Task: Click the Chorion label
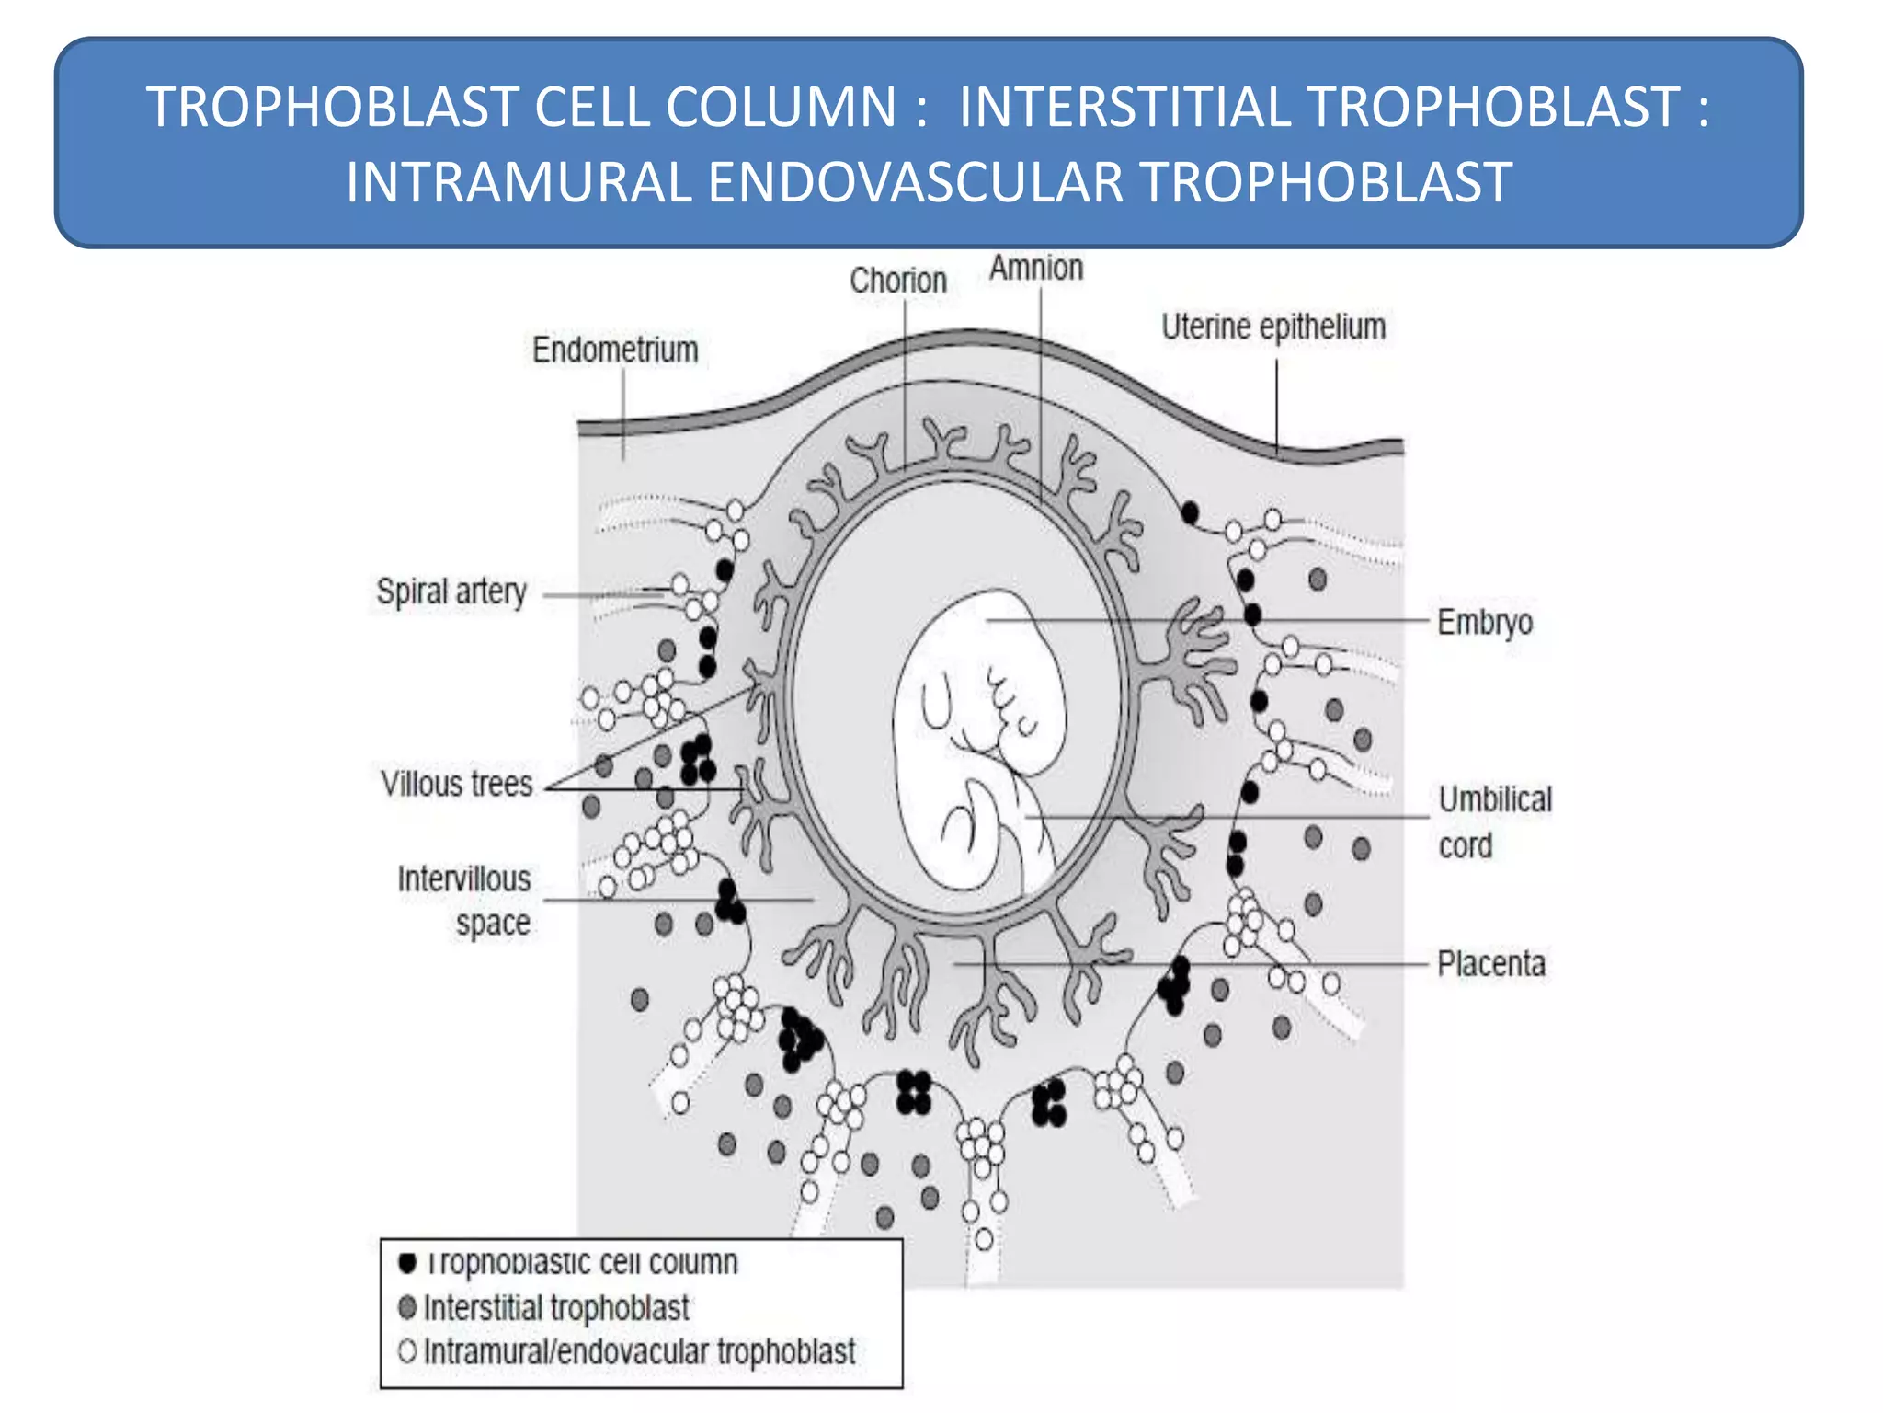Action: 897,281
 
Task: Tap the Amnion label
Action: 1036,268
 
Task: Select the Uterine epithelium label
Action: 1272,327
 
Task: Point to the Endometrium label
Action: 615,350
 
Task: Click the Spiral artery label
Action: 451,592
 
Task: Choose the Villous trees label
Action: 457,784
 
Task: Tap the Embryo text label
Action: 1485,622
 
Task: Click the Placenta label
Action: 1490,964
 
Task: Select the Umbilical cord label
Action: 1494,821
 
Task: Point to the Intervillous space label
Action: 464,901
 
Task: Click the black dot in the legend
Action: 407,1262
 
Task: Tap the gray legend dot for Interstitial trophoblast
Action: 407,1306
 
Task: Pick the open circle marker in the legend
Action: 407,1350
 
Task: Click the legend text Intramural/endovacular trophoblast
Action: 639,1351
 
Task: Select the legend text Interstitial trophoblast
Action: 555,1307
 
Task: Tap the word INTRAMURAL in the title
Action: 518,182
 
